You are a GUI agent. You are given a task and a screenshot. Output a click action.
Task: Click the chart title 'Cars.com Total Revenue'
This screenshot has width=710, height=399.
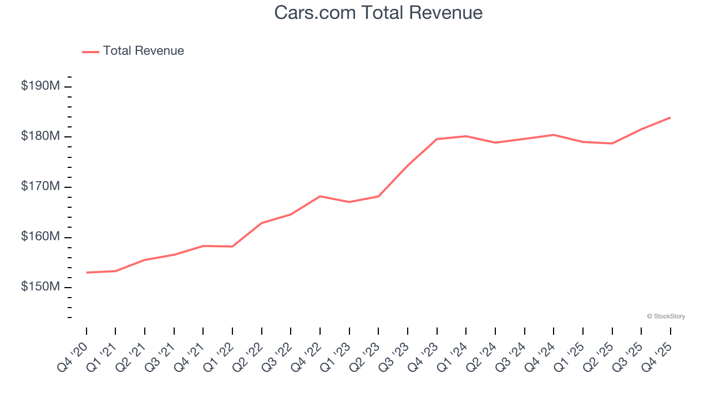pos(378,13)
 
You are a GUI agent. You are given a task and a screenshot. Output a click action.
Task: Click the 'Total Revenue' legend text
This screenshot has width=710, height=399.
pos(143,51)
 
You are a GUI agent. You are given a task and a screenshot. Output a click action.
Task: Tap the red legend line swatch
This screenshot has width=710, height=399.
pos(90,52)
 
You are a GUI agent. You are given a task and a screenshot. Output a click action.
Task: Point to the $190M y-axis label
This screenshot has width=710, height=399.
pos(40,86)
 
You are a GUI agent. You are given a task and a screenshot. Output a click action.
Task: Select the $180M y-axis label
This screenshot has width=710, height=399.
pos(40,136)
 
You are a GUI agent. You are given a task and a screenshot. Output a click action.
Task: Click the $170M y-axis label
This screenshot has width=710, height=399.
pos(40,187)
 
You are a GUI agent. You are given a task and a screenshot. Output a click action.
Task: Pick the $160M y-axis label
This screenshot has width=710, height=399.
pos(40,237)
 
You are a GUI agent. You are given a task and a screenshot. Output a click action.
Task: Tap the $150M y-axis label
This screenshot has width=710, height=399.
pos(40,287)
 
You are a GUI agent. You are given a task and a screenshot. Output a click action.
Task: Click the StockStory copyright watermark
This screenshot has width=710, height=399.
pos(666,316)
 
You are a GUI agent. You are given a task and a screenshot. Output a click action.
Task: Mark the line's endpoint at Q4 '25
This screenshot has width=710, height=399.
pos(670,117)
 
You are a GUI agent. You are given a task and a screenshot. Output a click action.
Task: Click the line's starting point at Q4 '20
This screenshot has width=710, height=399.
pos(87,273)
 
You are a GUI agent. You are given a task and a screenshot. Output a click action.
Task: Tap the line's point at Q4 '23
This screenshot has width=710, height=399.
pos(437,139)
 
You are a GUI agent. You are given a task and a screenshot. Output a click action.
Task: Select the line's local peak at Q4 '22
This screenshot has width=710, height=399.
pos(320,196)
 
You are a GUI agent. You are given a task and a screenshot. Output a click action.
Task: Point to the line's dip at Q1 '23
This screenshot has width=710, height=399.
pos(349,202)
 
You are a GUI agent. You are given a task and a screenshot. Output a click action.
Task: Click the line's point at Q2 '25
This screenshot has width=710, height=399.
pos(612,144)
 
